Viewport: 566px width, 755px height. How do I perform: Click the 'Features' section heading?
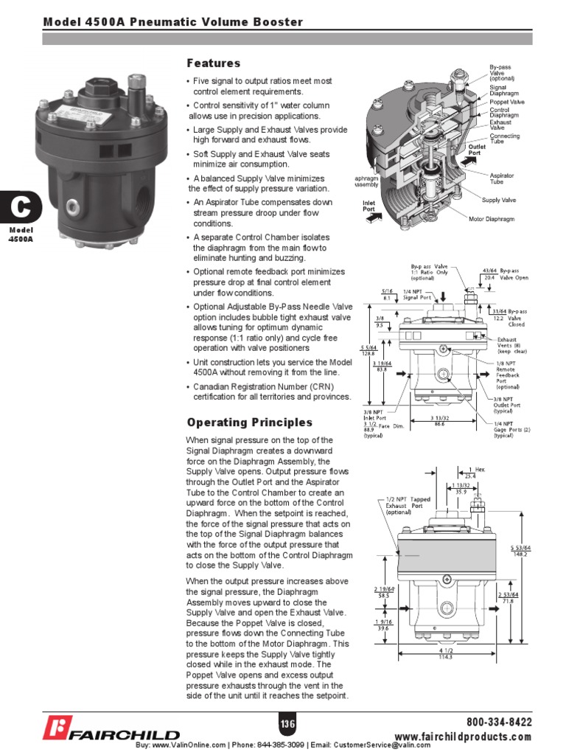tap(213, 63)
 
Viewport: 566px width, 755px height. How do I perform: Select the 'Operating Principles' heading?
tap(249, 422)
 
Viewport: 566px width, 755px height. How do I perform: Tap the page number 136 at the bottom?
tap(287, 724)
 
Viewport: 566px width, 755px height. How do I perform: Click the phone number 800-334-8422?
tap(499, 722)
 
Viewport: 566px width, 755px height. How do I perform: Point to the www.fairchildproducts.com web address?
tap(463, 737)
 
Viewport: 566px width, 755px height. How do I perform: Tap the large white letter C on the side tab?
tap(20, 209)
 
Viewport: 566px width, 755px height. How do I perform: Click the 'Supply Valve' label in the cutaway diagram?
tap(499, 200)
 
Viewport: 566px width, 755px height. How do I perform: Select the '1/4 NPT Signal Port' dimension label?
tap(416, 294)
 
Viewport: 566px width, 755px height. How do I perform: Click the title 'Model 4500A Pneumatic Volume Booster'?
tap(173, 22)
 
